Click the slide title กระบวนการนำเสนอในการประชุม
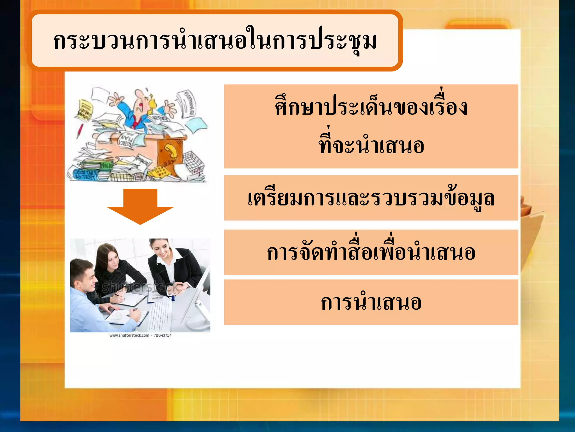215,41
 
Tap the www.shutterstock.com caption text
129,335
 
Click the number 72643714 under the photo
163,335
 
